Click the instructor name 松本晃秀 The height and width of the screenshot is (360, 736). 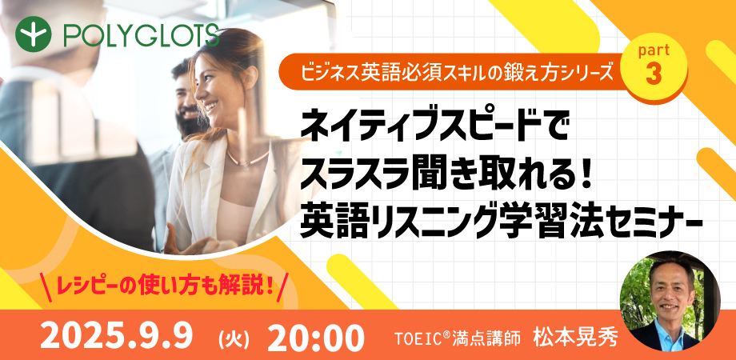pyautogui.click(x=575, y=337)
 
